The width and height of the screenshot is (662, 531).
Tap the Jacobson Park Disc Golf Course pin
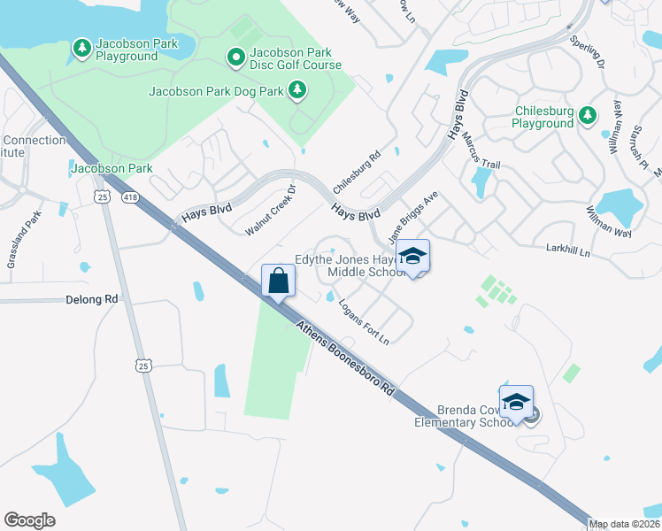point(235,58)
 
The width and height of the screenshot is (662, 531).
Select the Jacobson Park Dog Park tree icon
point(298,89)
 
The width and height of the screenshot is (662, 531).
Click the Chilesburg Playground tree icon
point(587,115)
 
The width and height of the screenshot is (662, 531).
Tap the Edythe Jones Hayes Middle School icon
point(412,257)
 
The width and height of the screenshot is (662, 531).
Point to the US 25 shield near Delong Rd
point(143,364)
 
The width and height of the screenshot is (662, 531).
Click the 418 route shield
point(131,196)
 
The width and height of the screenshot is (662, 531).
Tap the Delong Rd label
point(92,300)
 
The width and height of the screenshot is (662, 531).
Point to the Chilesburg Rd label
point(356,173)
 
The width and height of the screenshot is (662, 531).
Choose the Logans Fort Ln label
point(365,320)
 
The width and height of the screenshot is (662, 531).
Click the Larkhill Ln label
point(581,254)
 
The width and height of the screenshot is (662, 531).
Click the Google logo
point(30,520)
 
